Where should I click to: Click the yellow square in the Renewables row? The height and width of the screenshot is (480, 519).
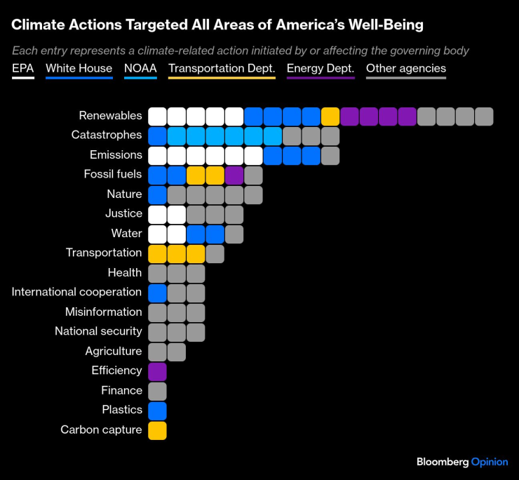click(330, 116)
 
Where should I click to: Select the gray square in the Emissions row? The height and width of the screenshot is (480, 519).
click(330, 156)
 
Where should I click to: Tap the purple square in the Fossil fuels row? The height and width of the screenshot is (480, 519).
click(234, 175)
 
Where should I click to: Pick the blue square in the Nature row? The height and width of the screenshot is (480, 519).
click(157, 195)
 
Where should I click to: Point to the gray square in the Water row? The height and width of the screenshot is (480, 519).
click(234, 234)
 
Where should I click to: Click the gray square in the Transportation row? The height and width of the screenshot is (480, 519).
click(215, 254)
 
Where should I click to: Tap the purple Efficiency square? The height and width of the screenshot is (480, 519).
click(157, 371)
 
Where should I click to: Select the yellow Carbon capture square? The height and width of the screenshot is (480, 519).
click(157, 430)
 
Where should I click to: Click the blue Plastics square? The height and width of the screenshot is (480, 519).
click(157, 411)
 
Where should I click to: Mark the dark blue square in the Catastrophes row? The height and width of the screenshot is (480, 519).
click(157, 136)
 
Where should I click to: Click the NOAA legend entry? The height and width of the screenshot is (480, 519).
click(140, 69)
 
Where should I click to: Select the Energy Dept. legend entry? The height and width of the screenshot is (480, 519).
click(320, 69)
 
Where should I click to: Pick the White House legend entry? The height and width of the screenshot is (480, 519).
click(79, 69)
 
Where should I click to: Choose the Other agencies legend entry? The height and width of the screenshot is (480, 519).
click(405, 69)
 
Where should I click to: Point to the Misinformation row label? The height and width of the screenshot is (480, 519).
click(103, 312)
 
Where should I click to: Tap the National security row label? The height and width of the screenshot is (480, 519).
click(98, 331)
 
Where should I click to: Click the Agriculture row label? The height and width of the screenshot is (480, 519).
click(113, 351)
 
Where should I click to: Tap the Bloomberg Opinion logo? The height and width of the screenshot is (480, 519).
click(461, 462)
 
